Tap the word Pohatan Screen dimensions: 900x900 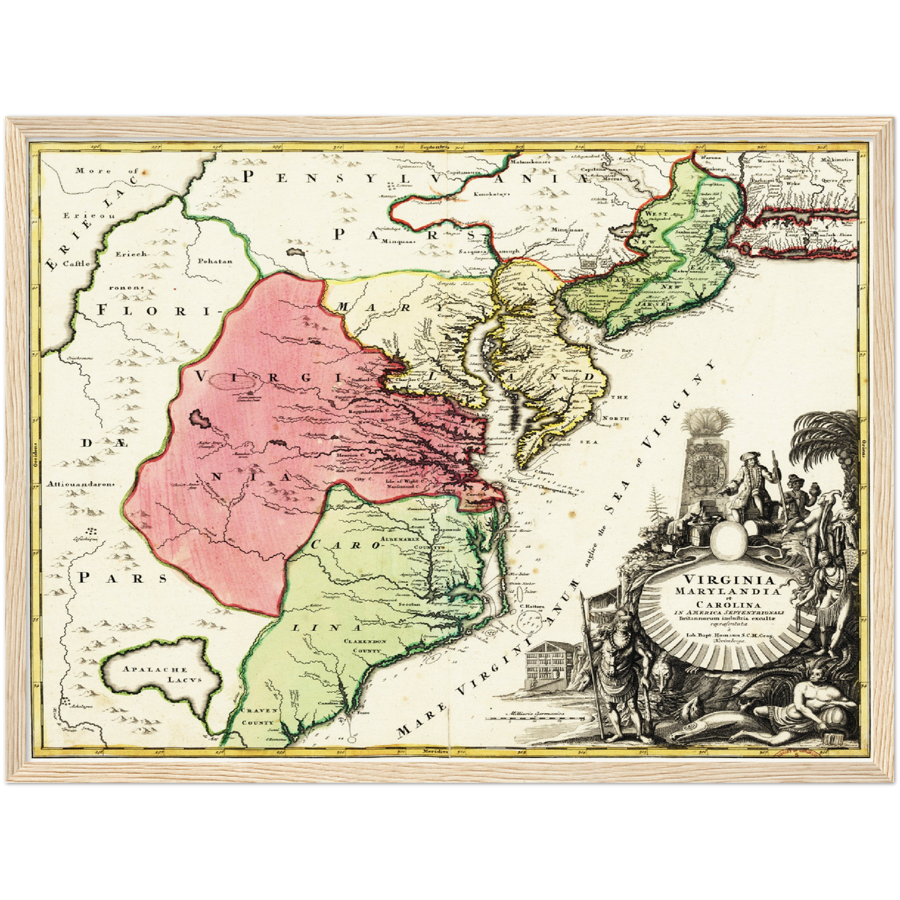(215, 261)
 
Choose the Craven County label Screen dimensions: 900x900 (258, 717)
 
